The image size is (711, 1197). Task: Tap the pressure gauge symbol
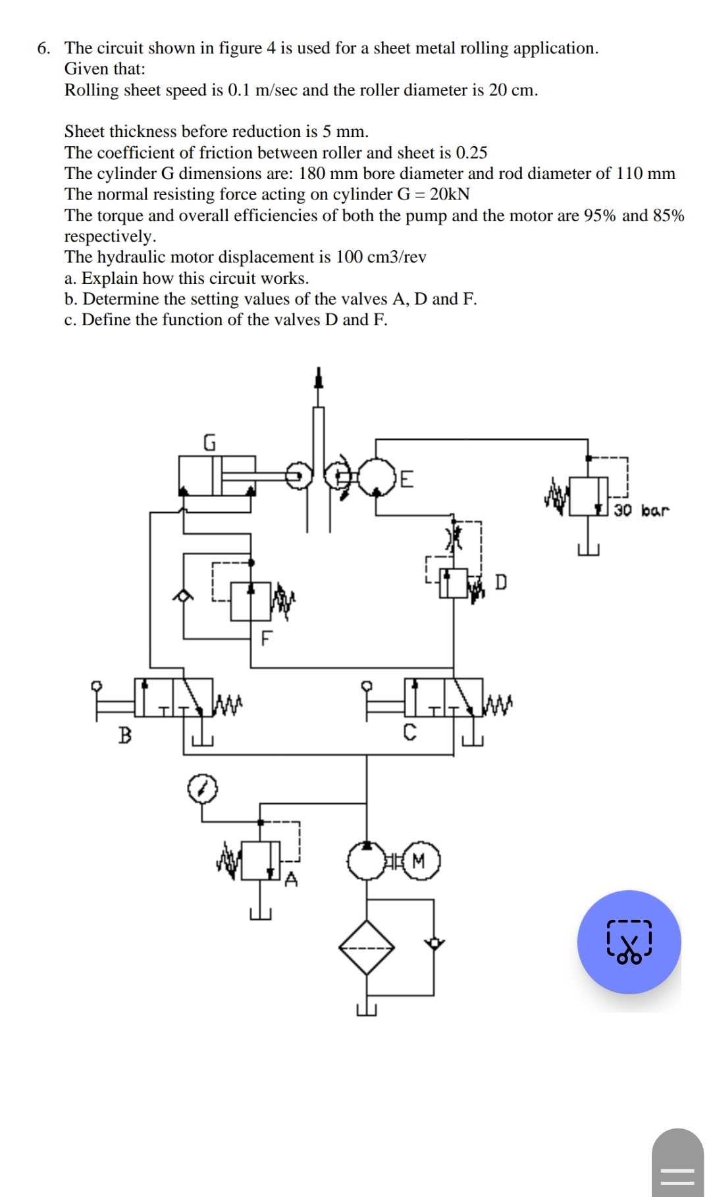pos(202,789)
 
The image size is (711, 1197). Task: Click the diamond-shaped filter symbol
pos(367,947)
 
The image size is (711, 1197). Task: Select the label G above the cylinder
pos(209,442)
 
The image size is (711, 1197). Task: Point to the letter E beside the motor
pos(407,479)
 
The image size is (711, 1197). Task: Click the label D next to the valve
pos(501,582)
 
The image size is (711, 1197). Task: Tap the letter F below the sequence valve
pos(266,638)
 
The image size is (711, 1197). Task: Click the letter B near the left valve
pos(124,734)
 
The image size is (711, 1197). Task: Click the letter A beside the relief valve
pos(291,879)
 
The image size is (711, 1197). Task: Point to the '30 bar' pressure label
pos(641,510)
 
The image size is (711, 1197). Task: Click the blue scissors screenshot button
pos(629,942)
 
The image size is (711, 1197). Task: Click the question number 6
pos(44,48)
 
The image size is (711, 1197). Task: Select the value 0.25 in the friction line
pos(471,153)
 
